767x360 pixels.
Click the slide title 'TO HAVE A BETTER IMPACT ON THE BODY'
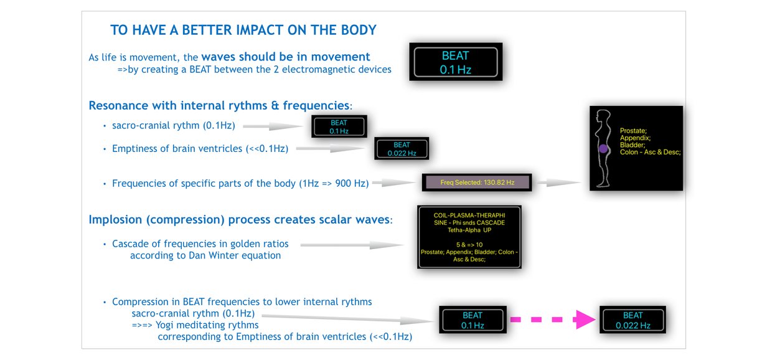click(243, 30)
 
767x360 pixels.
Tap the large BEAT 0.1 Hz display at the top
click(455, 62)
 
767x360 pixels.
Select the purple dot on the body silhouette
click(603, 149)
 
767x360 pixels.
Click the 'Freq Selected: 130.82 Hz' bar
click(477, 182)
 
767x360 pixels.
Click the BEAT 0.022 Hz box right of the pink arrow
click(633, 320)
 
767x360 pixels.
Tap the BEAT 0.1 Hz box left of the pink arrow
click(473, 320)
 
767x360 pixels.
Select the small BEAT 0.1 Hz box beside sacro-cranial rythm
click(339, 126)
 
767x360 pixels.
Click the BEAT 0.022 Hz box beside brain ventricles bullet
click(402, 149)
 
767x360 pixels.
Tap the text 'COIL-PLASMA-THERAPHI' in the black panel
click(468, 216)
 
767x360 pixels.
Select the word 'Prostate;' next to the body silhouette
click(633, 131)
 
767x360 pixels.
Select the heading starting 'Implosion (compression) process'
click(239, 219)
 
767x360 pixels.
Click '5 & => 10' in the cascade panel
click(469, 245)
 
